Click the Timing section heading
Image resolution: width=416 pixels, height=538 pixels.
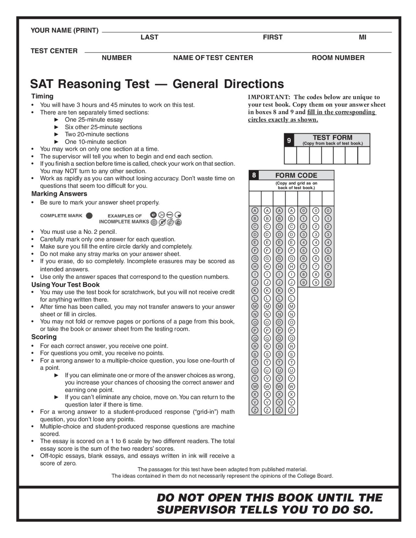42,96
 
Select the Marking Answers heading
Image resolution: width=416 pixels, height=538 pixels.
59,194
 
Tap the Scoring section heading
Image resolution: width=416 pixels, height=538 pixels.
44,337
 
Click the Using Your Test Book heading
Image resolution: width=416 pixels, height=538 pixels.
65,285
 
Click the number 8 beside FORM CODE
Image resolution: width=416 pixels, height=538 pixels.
254,175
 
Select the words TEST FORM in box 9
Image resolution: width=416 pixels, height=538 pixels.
332,137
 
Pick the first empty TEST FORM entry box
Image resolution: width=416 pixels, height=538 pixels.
290,155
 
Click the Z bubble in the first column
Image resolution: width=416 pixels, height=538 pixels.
255,410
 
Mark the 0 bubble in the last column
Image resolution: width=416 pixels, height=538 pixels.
328,211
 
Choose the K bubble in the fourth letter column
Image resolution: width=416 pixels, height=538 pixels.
292,290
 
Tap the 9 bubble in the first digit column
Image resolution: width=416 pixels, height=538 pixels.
303,282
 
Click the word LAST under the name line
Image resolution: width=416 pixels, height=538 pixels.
149,37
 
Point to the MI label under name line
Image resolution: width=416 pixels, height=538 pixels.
362,37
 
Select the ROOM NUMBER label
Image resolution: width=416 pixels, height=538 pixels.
338,58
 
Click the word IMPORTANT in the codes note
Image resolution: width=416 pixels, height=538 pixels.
268,97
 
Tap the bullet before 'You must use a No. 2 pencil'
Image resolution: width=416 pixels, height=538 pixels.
32,232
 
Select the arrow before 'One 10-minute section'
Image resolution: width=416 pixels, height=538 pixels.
57,142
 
